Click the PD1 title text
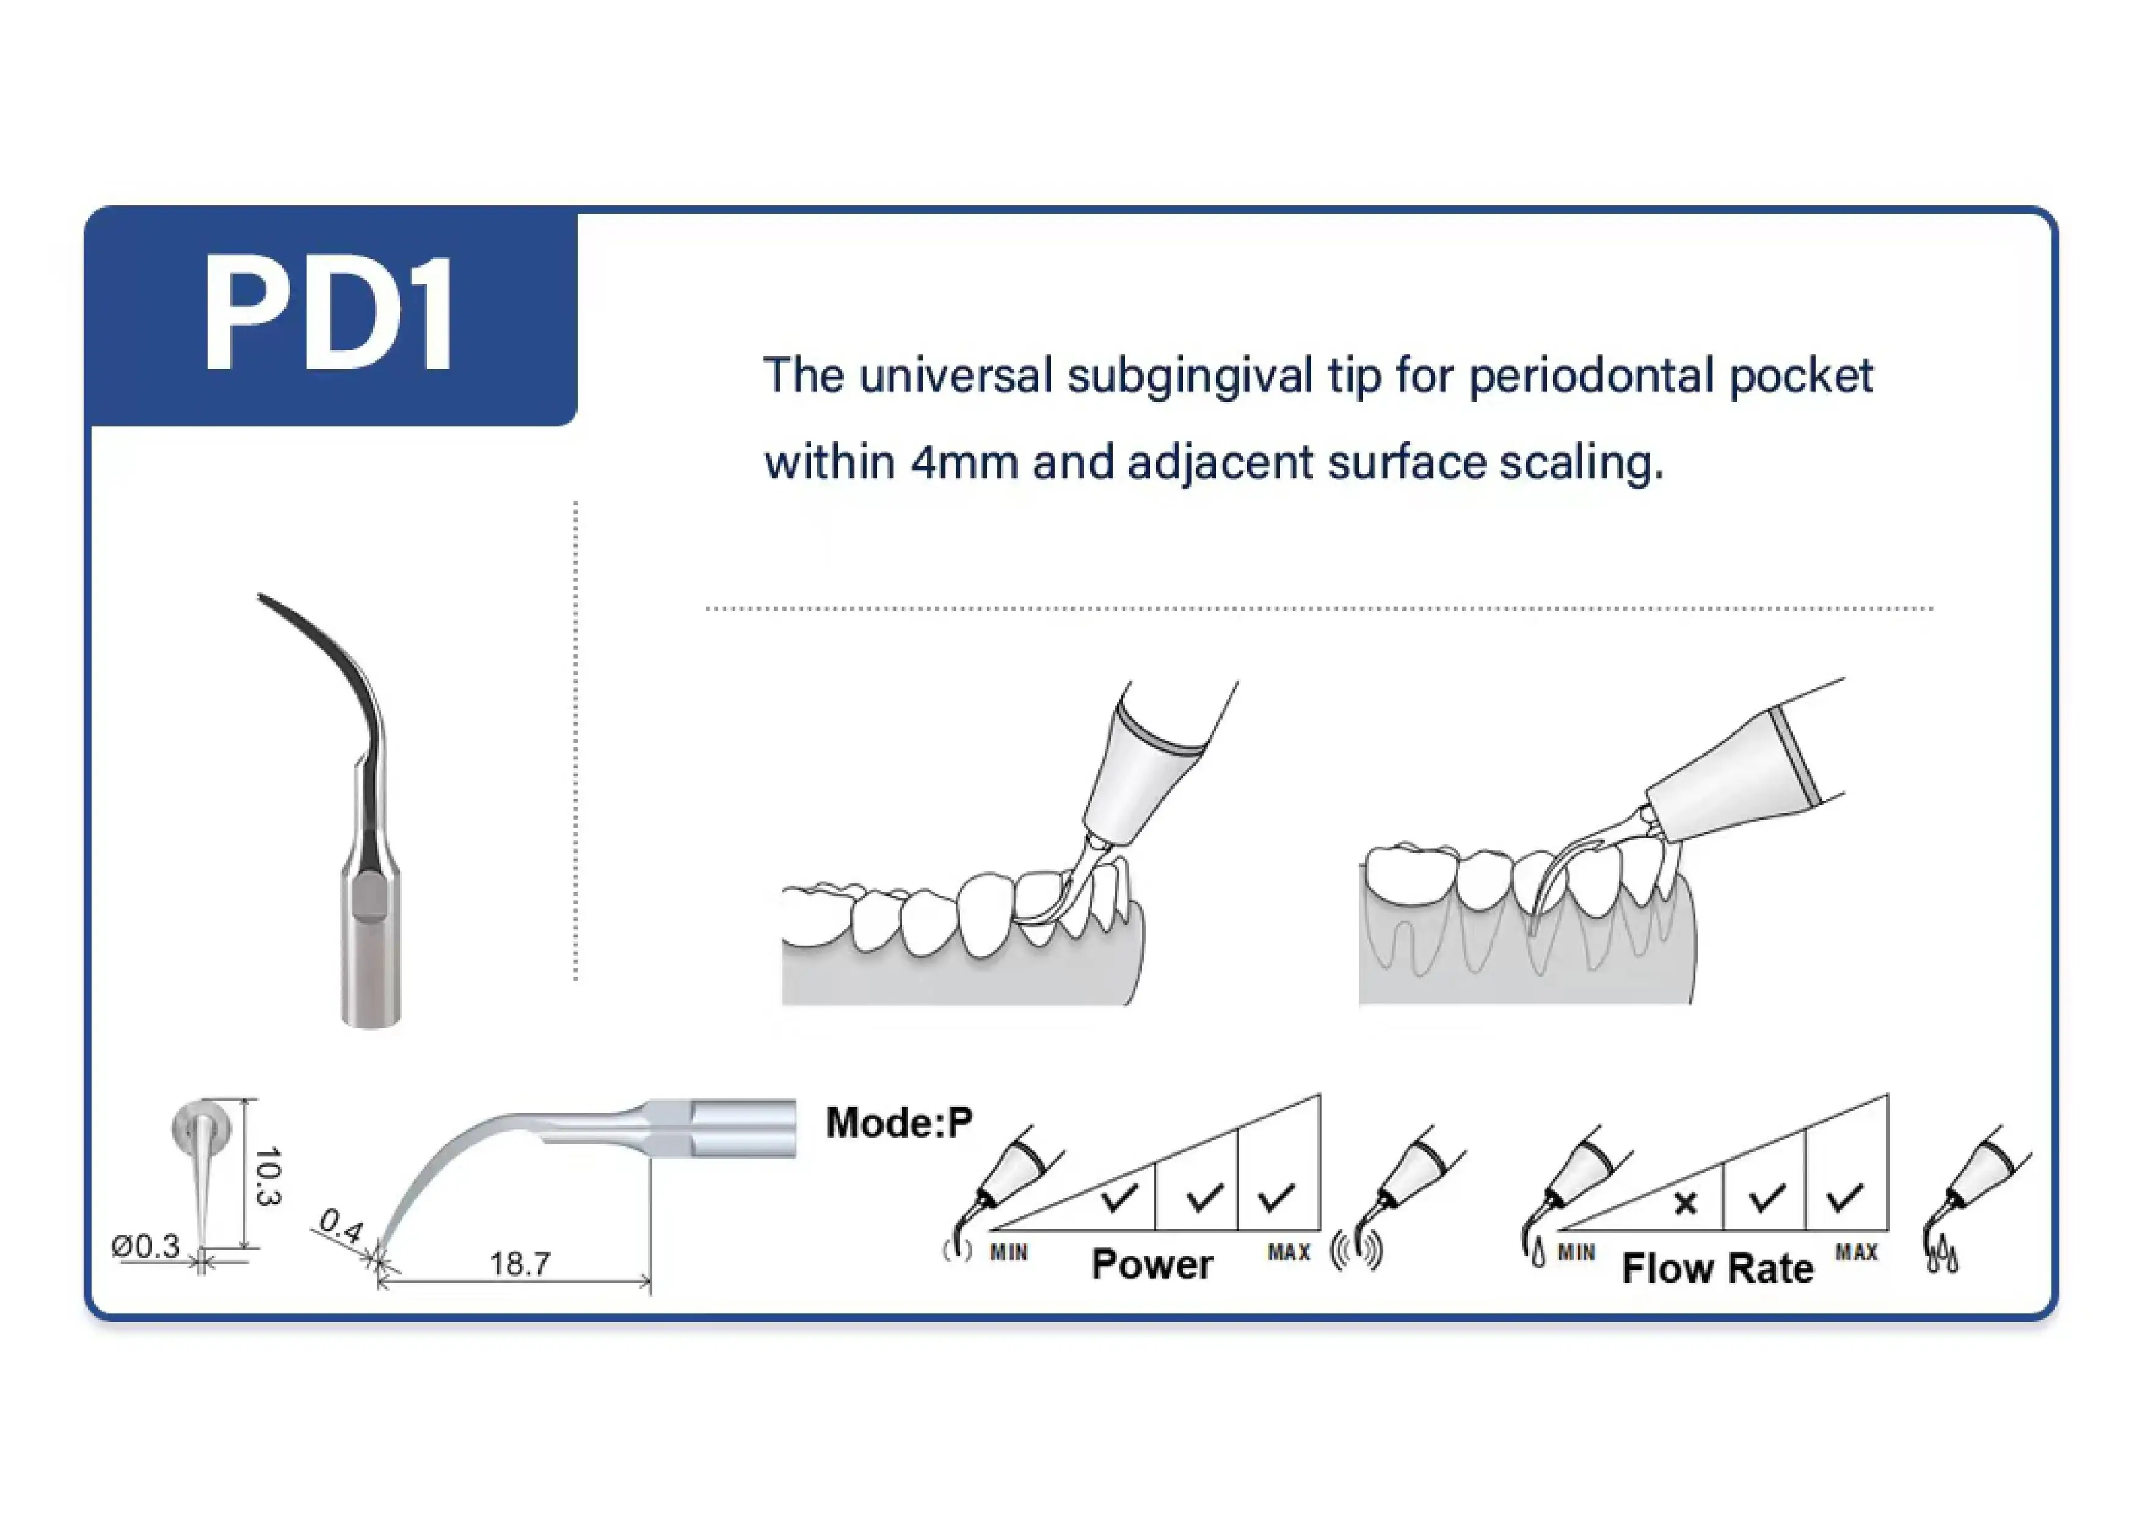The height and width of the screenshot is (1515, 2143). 329,315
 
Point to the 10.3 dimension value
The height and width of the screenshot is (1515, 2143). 268,1175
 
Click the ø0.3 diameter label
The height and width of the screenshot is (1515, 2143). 145,1246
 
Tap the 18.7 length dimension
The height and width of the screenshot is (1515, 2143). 520,1264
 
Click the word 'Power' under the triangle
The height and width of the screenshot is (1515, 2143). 1152,1265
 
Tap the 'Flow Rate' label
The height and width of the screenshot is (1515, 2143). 1717,1269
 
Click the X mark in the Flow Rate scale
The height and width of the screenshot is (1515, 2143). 1685,1204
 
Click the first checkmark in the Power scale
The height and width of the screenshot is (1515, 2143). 1119,1197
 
